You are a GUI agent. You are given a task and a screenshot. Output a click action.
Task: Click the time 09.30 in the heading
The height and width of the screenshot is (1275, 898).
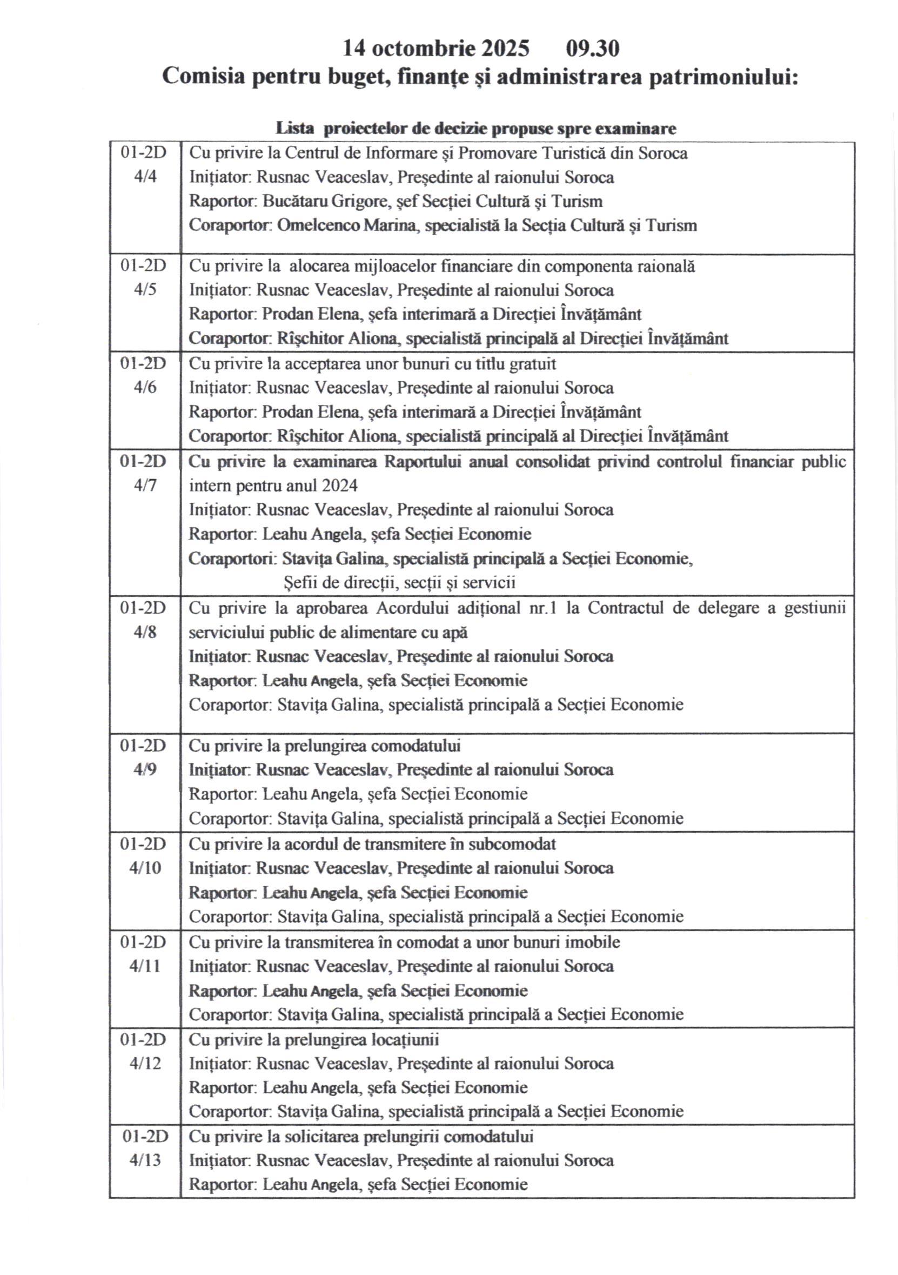click(592, 49)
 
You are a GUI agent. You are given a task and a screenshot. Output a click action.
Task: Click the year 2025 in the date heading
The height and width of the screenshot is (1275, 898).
click(505, 49)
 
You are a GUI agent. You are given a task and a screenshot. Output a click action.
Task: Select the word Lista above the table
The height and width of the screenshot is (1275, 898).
click(295, 129)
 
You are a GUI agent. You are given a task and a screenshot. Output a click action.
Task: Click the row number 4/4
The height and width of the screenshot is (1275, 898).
click(145, 177)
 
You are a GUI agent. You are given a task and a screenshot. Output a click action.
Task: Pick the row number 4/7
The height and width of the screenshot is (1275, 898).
click(145, 485)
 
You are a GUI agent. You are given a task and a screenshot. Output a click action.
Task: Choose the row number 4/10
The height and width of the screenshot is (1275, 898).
click(145, 867)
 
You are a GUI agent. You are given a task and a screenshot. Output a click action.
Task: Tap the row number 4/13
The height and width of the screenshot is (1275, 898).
click(145, 1160)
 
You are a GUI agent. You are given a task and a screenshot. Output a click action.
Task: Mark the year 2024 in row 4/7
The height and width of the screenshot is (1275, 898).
click(339, 486)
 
